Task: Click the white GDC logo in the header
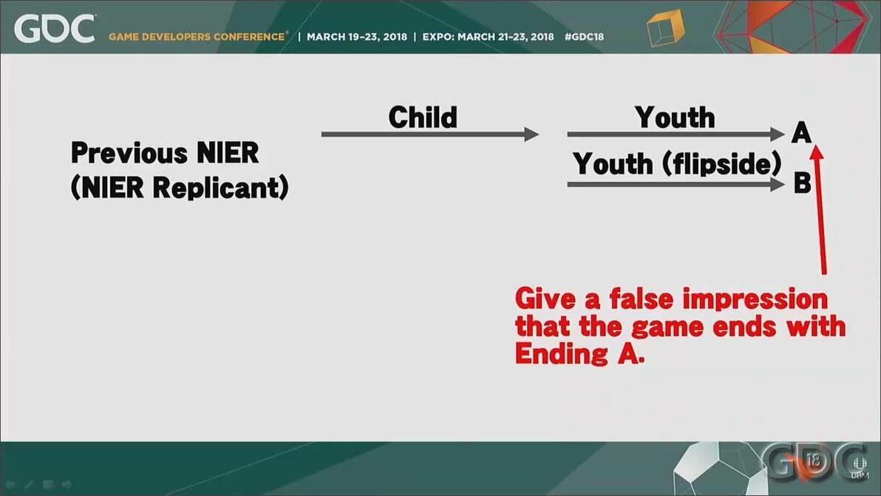55,29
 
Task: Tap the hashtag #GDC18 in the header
584,37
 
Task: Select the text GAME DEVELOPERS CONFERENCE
197,37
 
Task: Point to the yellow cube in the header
665,28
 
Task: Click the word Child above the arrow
423,118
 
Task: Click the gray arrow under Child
430,135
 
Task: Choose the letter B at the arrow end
803,183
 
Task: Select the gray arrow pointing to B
676,184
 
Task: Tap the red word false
641,299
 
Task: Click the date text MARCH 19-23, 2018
357,37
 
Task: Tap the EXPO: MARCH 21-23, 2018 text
488,37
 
